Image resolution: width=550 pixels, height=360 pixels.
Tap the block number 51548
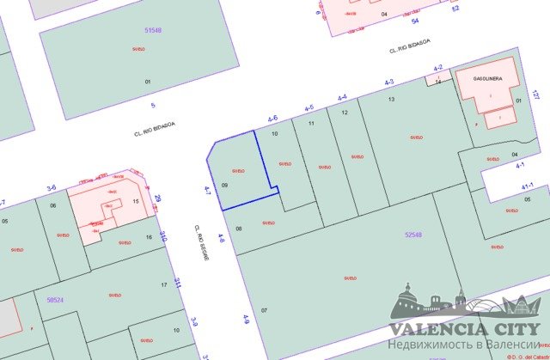point(153,30)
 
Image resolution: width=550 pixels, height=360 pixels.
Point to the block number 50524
point(55,300)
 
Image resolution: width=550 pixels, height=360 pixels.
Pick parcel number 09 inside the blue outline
point(224,185)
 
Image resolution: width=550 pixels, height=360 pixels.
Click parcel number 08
point(239,229)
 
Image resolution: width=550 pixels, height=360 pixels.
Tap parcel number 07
point(265,309)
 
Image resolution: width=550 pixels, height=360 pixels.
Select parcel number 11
point(311,124)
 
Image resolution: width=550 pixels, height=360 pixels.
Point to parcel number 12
point(344,113)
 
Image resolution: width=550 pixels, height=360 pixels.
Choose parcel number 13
point(392,101)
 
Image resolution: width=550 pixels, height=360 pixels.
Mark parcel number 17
point(163,284)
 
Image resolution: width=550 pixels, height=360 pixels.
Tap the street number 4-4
point(342,97)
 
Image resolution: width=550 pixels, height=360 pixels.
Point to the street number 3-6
point(51,186)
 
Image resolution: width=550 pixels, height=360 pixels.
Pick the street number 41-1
point(527,185)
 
